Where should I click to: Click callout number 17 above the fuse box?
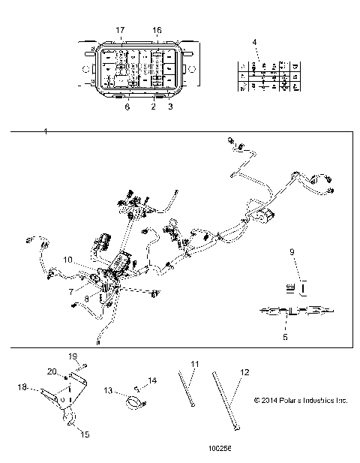point(119,29)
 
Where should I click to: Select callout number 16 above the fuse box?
point(157,29)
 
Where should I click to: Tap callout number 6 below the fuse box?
point(127,108)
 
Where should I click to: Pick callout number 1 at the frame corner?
point(46,132)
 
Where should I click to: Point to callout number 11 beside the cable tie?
point(193,363)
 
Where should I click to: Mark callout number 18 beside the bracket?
point(21,386)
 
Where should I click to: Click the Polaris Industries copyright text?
point(301,400)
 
